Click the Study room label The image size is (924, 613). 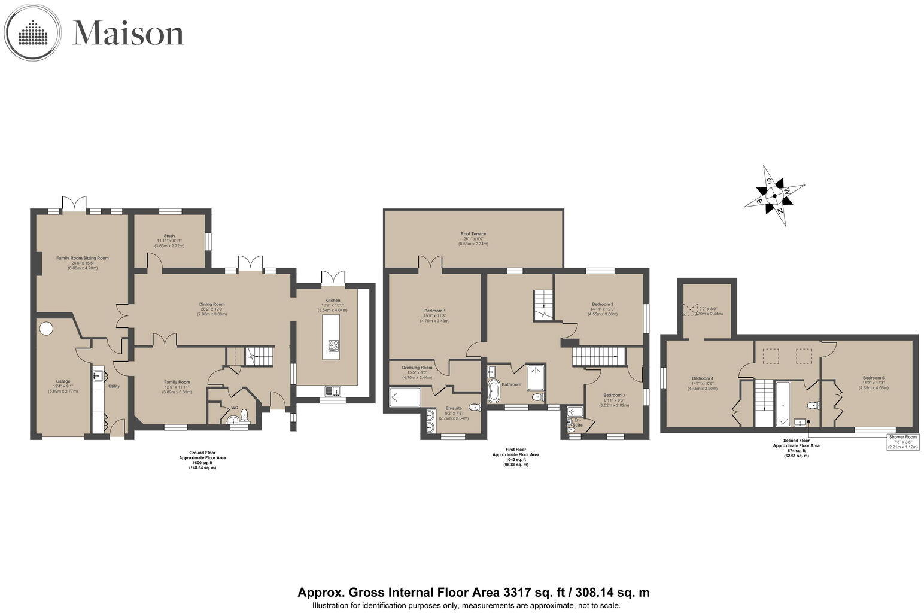169,236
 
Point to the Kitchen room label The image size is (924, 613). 333,301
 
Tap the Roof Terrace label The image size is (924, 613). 473,234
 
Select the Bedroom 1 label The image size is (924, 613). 435,311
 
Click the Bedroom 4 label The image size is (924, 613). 703,378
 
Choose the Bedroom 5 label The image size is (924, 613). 873,378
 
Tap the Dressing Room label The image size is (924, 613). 417,368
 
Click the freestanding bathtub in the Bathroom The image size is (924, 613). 494,391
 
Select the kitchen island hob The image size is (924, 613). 333,345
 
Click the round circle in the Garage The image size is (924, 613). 46,329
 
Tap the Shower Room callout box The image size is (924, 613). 902,442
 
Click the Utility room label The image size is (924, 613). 114,386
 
